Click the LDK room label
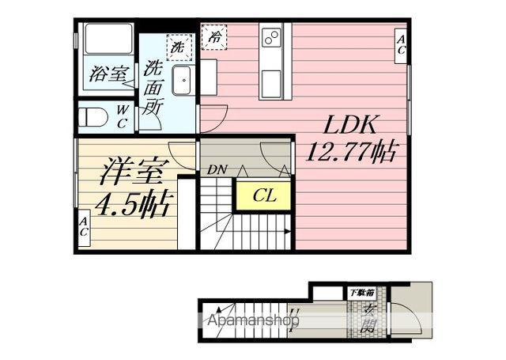(x=340, y=124)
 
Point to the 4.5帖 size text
(x=130, y=205)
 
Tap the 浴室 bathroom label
(x=108, y=74)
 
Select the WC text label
(x=122, y=117)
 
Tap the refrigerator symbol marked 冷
(x=213, y=36)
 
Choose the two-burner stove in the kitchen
(x=271, y=37)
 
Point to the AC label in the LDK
(x=402, y=44)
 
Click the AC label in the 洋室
(x=83, y=229)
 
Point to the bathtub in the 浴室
(x=107, y=43)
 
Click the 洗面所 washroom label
(x=153, y=88)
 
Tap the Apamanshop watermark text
(x=252, y=322)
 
